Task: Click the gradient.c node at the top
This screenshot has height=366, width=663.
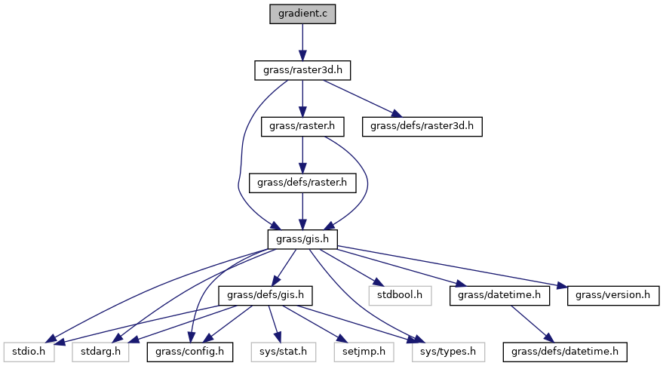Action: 302,14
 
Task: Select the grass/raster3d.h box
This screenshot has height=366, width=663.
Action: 302,70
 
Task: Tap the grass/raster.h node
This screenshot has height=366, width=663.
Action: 302,126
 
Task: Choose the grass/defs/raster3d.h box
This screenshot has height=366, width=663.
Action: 422,126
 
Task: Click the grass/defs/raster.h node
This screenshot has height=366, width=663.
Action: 302,182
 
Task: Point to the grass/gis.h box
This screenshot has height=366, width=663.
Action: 302,238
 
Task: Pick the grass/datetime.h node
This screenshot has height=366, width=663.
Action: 499,294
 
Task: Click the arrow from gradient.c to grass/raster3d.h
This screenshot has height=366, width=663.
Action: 302,42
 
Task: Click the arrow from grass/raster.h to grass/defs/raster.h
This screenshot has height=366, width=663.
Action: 302,154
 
